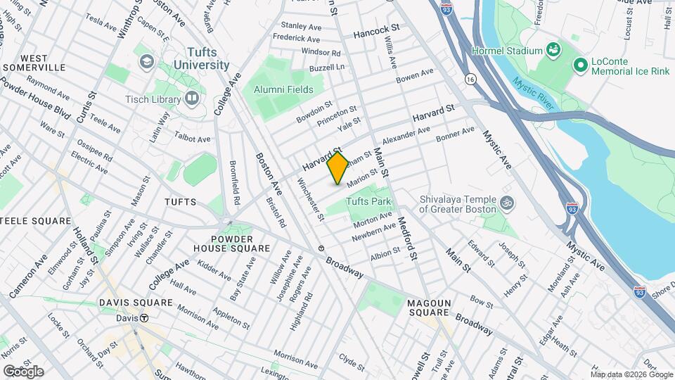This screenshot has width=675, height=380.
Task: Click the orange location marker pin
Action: [337, 167]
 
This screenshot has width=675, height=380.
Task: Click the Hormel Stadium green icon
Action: [555, 50]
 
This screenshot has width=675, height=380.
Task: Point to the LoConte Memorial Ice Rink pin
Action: [580, 65]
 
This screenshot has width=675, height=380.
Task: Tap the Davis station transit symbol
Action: [144, 318]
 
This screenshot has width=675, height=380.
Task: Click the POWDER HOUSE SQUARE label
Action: [231, 243]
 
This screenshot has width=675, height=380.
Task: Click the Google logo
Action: [23, 372]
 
